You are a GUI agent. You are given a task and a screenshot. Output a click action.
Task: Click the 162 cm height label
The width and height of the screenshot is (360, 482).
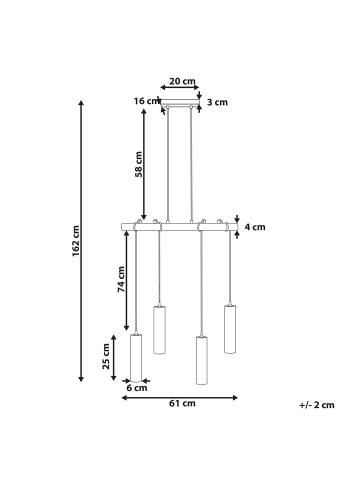tap(76, 241)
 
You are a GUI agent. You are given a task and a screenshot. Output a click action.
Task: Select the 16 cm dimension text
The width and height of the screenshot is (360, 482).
tap(147, 101)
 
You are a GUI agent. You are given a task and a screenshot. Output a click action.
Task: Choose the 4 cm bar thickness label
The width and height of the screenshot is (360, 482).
tap(255, 227)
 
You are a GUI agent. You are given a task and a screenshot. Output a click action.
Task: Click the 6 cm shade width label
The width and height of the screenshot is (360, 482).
tap(136, 388)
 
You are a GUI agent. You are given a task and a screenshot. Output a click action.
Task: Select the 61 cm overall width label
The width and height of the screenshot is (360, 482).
tap(181, 404)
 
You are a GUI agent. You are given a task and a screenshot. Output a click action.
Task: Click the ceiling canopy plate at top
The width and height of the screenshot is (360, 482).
tap(182, 104)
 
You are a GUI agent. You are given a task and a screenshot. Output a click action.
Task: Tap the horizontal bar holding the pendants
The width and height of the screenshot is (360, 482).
tap(181, 227)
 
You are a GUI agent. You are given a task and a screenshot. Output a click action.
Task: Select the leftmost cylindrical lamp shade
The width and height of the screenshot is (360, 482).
tap(136, 357)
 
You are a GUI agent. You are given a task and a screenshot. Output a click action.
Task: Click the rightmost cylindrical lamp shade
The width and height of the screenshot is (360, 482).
tap(229, 327)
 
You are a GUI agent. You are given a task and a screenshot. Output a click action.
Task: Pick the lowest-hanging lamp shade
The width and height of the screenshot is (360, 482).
tap(201, 362)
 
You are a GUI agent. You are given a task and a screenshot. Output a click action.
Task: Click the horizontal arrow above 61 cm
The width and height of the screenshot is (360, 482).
tap(181, 396)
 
